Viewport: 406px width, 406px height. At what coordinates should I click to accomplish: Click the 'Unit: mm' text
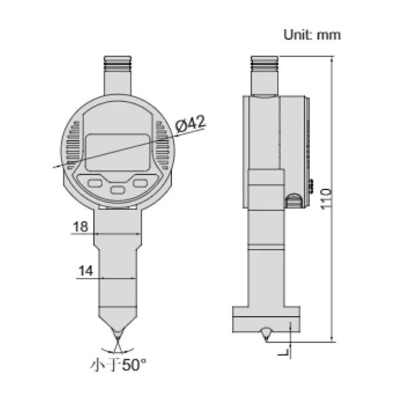[x=311, y=35]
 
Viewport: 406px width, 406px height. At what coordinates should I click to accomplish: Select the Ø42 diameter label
[x=190, y=124]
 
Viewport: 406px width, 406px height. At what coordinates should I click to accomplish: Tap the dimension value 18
[x=80, y=227]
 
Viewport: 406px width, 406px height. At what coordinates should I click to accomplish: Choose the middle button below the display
[x=118, y=190]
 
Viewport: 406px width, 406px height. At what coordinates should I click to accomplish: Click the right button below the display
[x=141, y=182]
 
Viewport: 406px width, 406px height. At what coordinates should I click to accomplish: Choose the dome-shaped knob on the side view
[x=294, y=200]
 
